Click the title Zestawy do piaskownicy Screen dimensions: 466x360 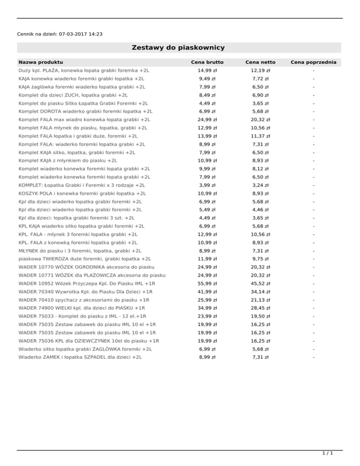[x=178, y=47]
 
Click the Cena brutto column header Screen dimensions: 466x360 [x=207, y=62]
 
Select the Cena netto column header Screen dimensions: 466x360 [x=261, y=62]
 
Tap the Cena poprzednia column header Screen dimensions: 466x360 [x=314, y=62]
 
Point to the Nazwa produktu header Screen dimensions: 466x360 [x=41, y=62]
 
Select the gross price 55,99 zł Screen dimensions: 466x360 [x=207, y=283]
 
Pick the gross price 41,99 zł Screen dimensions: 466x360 [x=207, y=292]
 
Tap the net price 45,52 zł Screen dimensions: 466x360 [x=261, y=283]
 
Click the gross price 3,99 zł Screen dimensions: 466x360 [x=207, y=185]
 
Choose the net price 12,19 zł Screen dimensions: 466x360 [x=261, y=70]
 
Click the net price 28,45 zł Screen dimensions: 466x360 [x=261, y=308]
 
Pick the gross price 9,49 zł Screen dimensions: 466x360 [x=207, y=79]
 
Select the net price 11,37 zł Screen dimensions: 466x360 [x=261, y=136]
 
